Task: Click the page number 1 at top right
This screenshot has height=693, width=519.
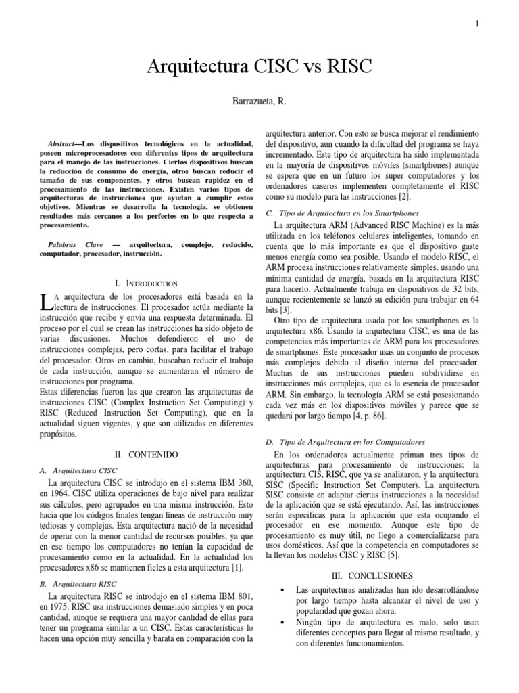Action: tap(476, 24)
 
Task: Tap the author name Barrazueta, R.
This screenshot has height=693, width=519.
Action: tap(259, 101)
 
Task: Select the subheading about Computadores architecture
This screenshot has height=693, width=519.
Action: tap(345, 441)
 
